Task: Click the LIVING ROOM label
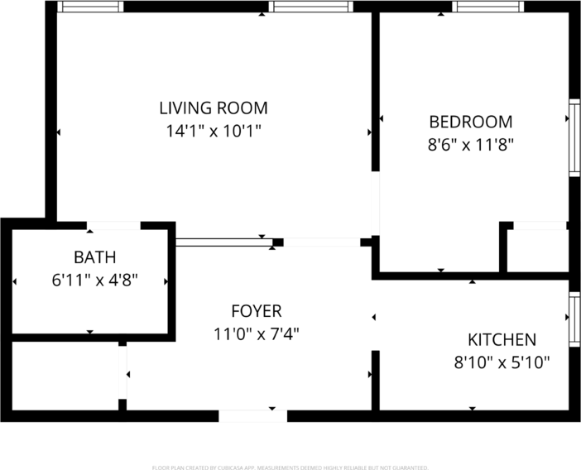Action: pyautogui.click(x=214, y=108)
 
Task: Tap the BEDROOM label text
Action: pyautogui.click(x=470, y=122)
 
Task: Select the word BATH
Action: pyautogui.click(x=94, y=257)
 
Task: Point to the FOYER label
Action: pyautogui.click(x=256, y=311)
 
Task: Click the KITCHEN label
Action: pyautogui.click(x=502, y=339)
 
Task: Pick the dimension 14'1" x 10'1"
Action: pyautogui.click(x=214, y=131)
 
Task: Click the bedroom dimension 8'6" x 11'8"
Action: pyautogui.click(x=470, y=145)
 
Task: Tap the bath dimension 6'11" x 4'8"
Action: pyautogui.click(x=94, y=280)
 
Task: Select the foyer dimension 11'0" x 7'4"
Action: pyautogui.click(x=256, y=334)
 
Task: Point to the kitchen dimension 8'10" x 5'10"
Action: pyautogui.click(x=502, y=362)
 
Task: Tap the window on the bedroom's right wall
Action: pyautogui.click(x=573, y=137)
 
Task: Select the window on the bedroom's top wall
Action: pyautogui.click(x=488, y=7)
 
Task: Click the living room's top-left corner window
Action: pyautogui.click(x=90, y=7)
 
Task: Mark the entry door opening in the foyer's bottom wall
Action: pyautogui.click(x=252, y=415)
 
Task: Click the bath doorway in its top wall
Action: pyautogui.click(x=113, y=225)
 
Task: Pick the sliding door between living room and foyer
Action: pyautogui.click(x=224, y=242)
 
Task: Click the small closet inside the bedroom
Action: pyautogui.click(x=536, y=249)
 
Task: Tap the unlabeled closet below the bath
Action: pyautogui.click(x=65, y=374)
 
